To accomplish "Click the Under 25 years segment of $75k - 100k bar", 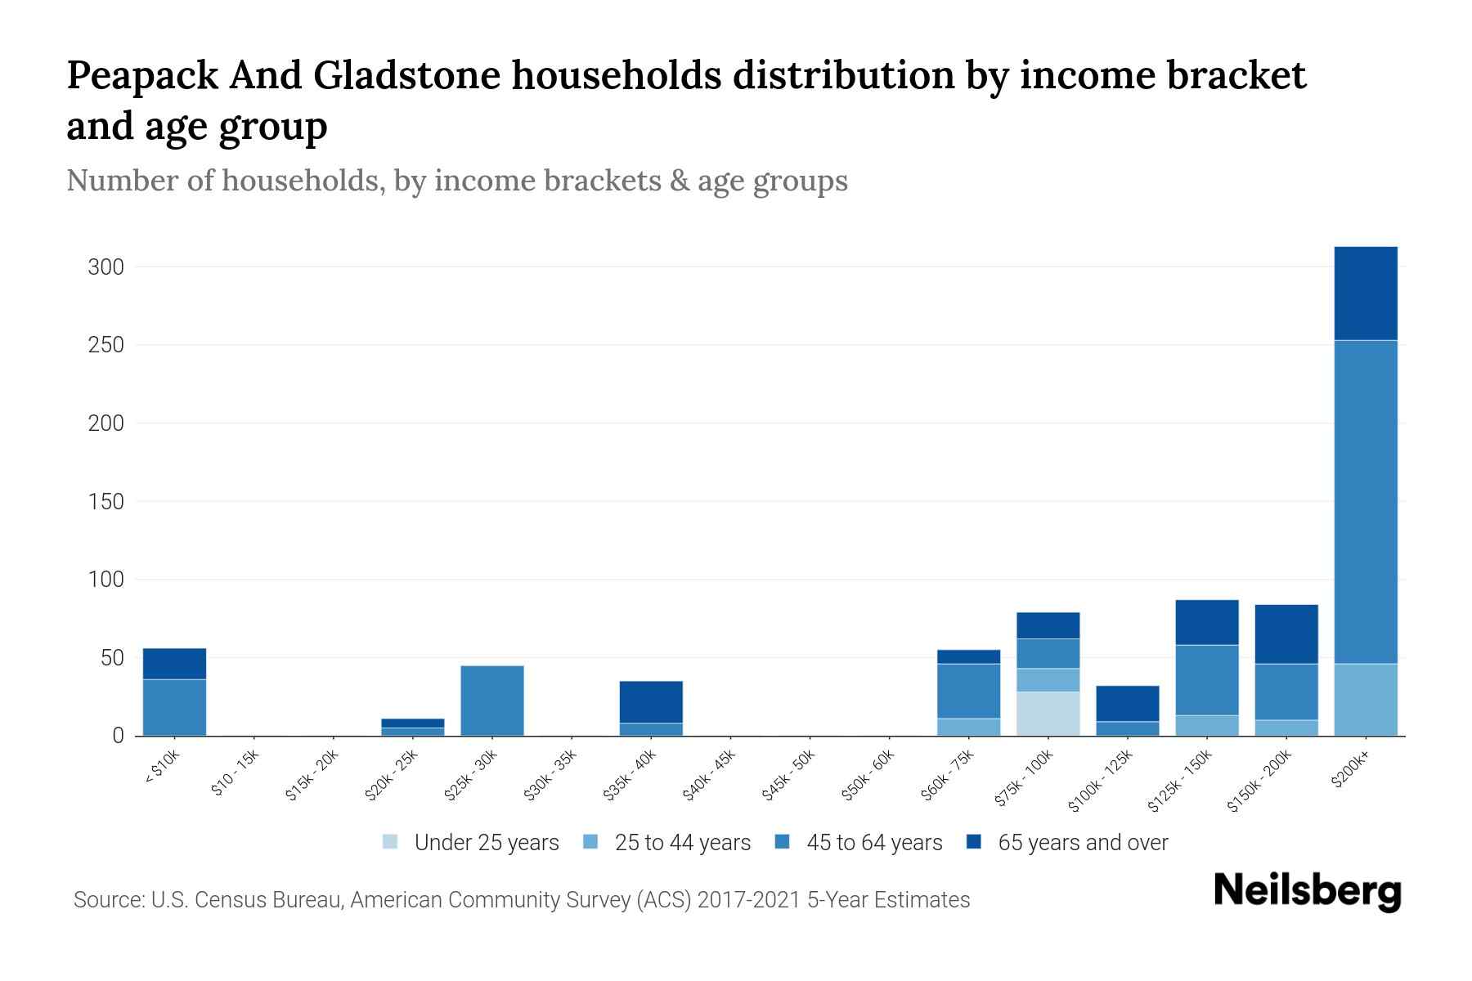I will [1048, 714].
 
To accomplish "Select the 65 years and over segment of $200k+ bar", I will [1365, 293].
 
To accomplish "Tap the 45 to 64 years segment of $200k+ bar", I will [1365, 501].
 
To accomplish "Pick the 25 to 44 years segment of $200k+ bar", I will [1365, 700].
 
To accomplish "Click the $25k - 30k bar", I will [492, 701].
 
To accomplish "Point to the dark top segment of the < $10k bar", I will [174, 664].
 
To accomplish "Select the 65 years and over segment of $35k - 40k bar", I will [651, 701].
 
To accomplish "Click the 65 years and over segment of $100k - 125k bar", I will [1127, 703].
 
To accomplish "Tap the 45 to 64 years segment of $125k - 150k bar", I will [1206, 680].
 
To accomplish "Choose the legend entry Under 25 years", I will [471, 843].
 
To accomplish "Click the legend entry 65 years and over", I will [1067, 843].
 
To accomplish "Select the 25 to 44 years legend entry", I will [667, 843].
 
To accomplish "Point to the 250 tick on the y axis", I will [106, 346].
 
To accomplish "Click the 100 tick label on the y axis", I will [106, 580].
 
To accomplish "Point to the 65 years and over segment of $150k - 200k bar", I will [1286, 634].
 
